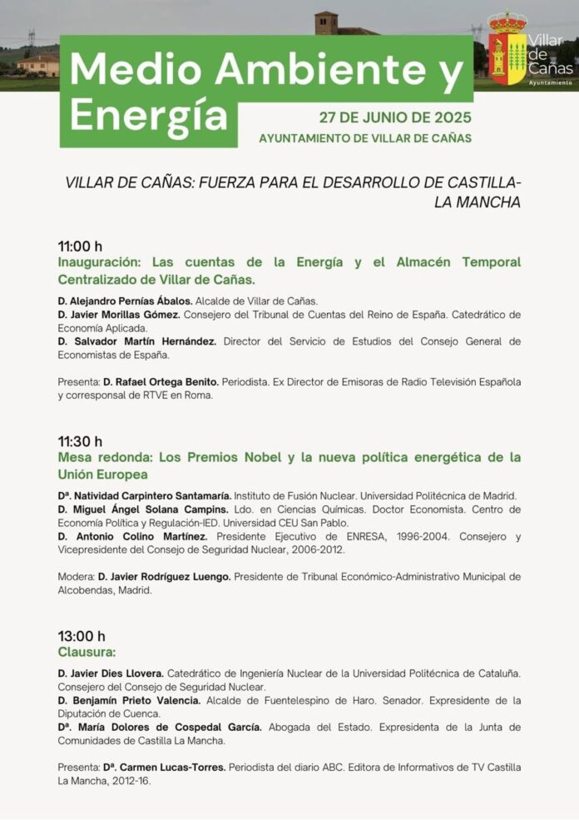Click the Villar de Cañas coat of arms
tap(507, 50)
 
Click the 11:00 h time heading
tap(80, 246)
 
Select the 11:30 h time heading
tap(80, 441)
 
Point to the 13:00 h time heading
tap(82, 637)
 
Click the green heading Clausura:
tap(87, 653)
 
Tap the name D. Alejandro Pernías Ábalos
tap(125, 301)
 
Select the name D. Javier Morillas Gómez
tap(119, 315)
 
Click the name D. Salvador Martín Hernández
tap(137, 341)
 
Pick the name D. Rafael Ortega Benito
tap(161, 382)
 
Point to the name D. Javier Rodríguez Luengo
tap(166, 576)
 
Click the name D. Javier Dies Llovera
tap(111, 673)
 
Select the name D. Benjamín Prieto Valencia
tap(129, 700)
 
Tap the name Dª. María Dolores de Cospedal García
tap(160, 727)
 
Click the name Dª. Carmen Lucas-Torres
tap(164, 767)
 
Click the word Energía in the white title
tap(147, 114)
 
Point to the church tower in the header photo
tap(326, 22)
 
